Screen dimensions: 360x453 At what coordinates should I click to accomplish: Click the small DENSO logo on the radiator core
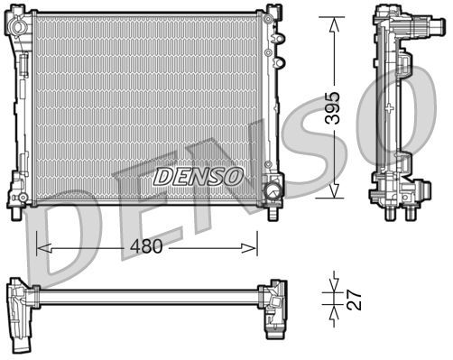point(197,176)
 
